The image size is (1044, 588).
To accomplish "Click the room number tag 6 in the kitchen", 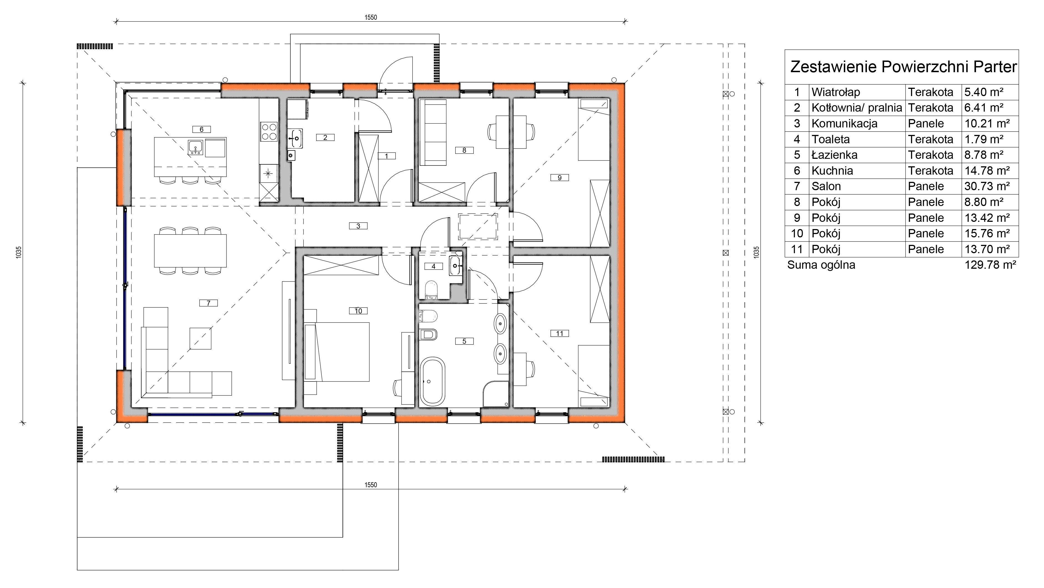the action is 202,130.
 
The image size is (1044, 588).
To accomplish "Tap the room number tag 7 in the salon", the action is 208,303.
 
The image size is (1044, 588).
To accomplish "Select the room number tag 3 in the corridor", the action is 358,226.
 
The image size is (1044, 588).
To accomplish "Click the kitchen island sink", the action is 196,147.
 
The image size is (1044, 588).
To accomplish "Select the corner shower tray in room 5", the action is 496,393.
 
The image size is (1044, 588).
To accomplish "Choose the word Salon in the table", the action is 826,186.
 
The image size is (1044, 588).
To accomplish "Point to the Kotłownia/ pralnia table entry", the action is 857,108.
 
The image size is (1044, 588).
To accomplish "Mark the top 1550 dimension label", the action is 371,17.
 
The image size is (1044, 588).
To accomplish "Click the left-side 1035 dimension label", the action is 19,252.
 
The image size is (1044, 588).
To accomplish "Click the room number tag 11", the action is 560,333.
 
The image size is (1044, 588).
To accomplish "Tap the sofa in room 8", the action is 433,132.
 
